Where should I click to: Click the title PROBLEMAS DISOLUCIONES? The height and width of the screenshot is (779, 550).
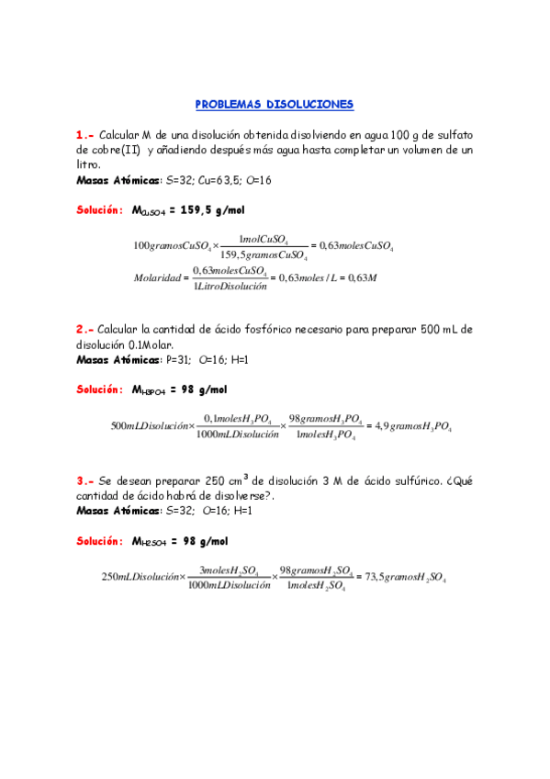coord(275,105)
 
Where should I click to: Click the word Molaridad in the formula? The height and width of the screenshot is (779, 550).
coord(157,277)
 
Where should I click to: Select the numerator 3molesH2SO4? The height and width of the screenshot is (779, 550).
coord(229,570)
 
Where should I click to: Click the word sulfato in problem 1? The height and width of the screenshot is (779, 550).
coord(453,134)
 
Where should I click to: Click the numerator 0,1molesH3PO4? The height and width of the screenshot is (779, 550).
coord(237,419)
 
